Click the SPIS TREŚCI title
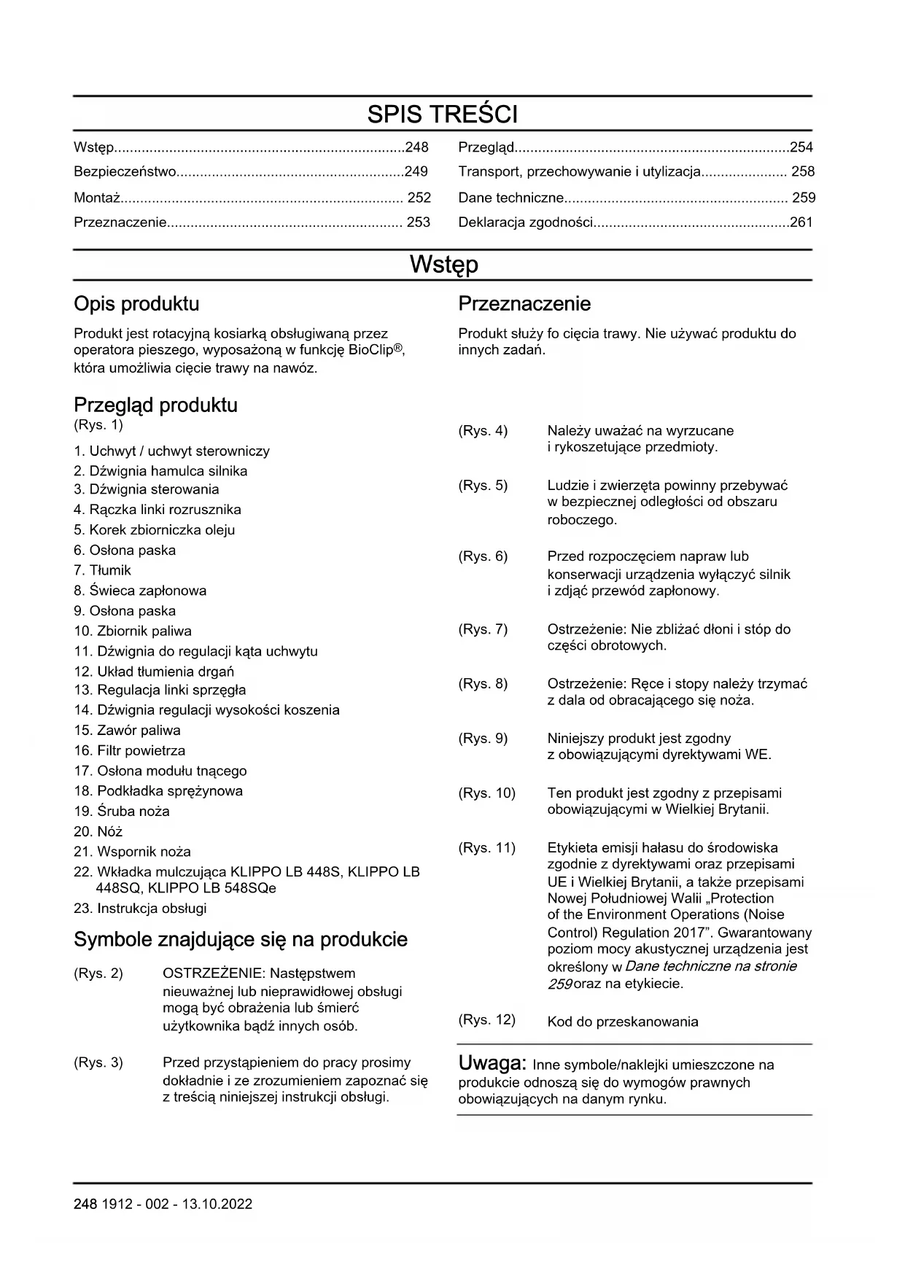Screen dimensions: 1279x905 [x=442, y=114]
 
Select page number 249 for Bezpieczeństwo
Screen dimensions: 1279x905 [x=416, y=172]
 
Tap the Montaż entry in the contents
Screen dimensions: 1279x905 [x=98, y=198]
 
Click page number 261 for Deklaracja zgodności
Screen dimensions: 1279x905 [x=801, y=222]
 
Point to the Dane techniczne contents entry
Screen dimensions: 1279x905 [x=510, y=198]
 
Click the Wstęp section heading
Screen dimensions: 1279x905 [x=443, y=264]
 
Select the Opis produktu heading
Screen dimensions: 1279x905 [x=136, y=304]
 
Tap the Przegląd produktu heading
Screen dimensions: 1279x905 [x=155, y=405]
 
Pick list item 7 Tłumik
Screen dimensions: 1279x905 [x=103, y=570]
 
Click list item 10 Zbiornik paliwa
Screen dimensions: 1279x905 [x=133, y=631]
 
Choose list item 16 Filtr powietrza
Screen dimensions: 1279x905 [x=130, y=750]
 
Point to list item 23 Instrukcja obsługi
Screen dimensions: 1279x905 [x=140, y=909]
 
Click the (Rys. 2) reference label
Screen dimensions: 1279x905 [x=98, y=973]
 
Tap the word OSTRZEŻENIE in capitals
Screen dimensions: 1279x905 [x=206, y=973]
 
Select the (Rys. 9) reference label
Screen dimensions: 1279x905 [x=483, y=739]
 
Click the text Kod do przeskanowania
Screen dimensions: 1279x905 [x=623, y=1022]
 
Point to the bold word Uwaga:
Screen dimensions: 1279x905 [x=492, y=1063]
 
